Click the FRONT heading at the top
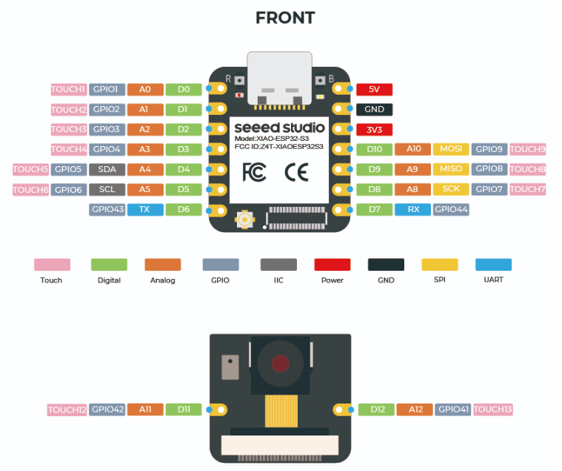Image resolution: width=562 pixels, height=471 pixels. point(285,18)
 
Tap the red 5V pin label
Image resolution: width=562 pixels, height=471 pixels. point(374,89)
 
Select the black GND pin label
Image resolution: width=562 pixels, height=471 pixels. point(374,109)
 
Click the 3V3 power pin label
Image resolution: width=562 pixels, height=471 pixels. point(374,129)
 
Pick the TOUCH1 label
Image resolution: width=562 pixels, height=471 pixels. point(69,89)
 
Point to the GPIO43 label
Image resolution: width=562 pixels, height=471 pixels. point(107,209)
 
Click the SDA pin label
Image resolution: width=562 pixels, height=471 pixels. point(107,169)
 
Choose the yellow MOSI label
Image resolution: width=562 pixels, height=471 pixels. point(451,149)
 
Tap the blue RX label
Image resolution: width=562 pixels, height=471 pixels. point(413,209)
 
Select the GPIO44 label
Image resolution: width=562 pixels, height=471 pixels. point(451,209)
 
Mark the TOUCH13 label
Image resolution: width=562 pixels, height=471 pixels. point(492,409)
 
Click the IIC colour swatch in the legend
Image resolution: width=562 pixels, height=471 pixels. point(278,264)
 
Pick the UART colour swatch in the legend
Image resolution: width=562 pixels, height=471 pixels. point(493,264)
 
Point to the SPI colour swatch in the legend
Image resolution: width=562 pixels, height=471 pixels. point(440,264)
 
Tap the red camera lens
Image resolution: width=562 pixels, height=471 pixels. point(280,363)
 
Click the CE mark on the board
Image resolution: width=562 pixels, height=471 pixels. point(296,172)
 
